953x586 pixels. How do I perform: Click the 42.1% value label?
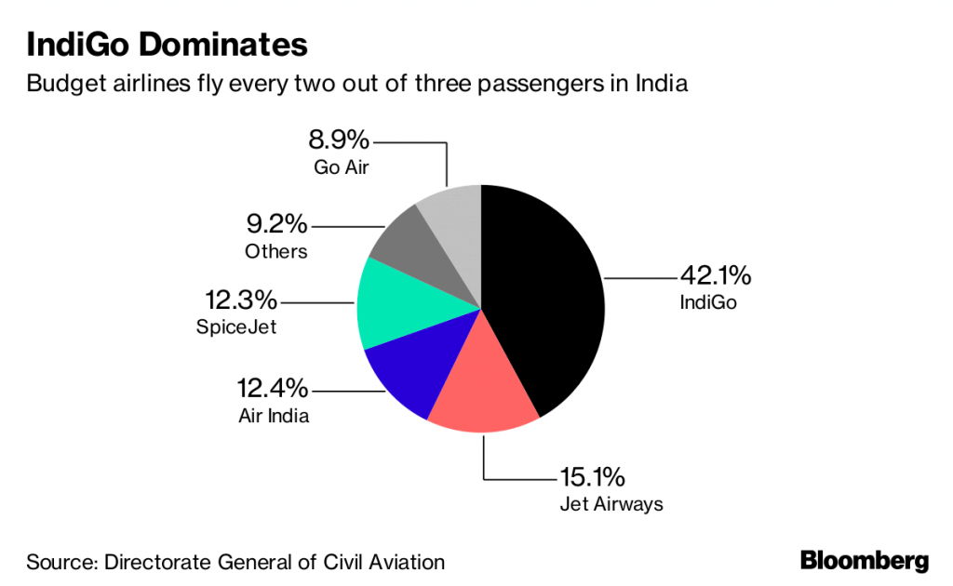(x=715, y=275)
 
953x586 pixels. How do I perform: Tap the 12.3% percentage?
(x=241, y=300)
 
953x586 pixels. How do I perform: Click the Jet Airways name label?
(x=611, y=505)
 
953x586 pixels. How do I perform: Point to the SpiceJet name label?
(x=236, y=327)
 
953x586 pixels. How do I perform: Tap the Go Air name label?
(x=342, y=167)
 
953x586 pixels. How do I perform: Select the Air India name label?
(x=274, y=416)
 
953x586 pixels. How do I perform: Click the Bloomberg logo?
(x=865, y=561)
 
